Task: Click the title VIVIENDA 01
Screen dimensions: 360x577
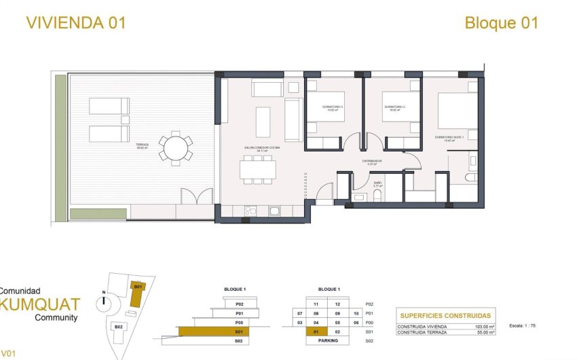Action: coord(75,22)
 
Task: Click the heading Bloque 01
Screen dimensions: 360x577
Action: coord(501,22)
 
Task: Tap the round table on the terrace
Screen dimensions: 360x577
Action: coord(176,147)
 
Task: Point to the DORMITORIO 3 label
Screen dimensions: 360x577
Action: coord(333,107)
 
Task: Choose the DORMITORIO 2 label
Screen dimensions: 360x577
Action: coord(394,107)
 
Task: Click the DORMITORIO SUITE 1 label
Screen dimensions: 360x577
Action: coord(449,138)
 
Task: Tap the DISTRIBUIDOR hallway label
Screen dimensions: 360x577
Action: coord(371,162)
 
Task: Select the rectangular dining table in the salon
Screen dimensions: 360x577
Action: coord(257,168)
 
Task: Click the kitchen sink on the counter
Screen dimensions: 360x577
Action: coord(275,211)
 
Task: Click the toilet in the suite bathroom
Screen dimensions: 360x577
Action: coord(471,177)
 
